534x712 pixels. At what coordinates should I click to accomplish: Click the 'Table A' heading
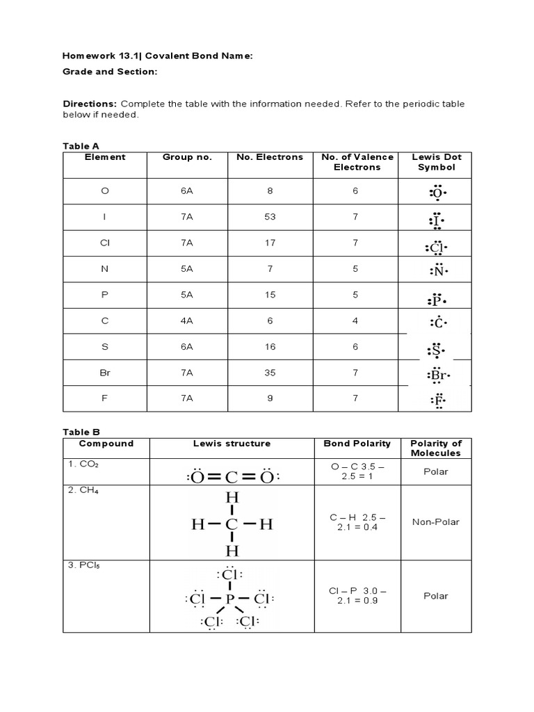tap(76, 146)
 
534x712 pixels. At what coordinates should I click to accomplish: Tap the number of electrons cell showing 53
tap(270, 217)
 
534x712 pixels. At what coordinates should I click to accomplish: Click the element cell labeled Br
tap(105, 373)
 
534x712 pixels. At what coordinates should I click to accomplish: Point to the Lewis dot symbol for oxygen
tap(436, 192)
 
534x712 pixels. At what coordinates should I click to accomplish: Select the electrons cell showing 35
tap(270, 373)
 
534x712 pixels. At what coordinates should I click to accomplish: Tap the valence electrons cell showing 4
tap(355, 321)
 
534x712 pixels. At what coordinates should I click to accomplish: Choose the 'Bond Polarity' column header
tap(357, 444)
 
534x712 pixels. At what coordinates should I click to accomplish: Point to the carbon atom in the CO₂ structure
tap(231, 477)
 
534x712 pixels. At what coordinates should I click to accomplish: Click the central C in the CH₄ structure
tap(232, 525)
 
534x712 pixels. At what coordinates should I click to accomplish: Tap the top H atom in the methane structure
tap(232, 499)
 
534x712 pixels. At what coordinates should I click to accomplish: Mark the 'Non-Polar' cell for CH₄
tap(436, 522)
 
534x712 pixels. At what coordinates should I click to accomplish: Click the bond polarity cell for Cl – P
tap(357, 596)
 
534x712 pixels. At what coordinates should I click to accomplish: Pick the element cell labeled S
tap(105, 347)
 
